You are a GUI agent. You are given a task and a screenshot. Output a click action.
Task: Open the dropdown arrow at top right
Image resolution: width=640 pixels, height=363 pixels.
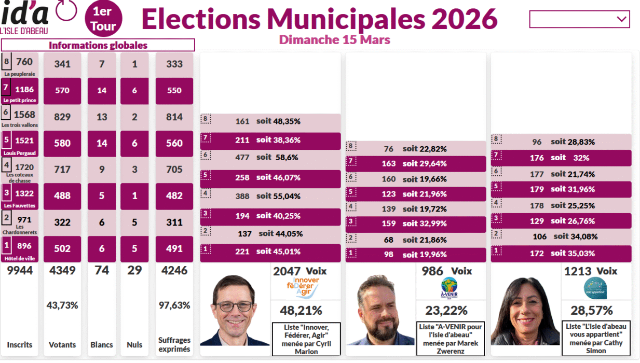pos(621,19)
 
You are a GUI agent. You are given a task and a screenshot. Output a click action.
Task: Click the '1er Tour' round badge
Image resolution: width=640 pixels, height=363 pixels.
pos(103,19)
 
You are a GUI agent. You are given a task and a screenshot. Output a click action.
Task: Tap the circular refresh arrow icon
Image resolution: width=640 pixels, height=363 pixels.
pos(66,10)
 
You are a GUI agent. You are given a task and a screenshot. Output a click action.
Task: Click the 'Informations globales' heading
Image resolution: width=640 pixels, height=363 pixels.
pos(98,45)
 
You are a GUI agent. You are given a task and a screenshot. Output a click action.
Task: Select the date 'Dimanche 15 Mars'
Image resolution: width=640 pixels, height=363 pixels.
pos(334,40)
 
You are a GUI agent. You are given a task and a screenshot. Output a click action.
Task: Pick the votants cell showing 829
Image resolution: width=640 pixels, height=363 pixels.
pos(62,117)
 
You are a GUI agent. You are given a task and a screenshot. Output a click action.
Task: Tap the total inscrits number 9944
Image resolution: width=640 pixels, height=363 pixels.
pos(20,270)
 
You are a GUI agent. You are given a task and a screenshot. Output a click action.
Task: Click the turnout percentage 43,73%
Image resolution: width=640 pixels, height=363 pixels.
pos(63,305)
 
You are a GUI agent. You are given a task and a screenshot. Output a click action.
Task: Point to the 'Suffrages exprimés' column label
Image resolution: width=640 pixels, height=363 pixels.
pos(174,344)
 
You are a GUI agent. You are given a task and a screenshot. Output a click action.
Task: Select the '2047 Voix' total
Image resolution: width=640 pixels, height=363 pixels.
pos(300,271)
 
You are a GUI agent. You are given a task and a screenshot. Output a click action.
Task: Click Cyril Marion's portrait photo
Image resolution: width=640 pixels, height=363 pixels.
pos(235,310)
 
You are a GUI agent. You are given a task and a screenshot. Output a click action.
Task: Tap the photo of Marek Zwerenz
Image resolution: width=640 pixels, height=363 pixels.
pos(380,310)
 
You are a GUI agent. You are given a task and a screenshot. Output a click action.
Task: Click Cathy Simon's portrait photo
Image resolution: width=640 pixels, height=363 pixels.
pos(525,311)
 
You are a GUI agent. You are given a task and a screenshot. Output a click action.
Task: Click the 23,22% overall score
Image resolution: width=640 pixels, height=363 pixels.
pos(446,311)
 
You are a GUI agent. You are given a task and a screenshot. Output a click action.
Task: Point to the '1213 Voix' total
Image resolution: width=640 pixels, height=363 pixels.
pos(591,271)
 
